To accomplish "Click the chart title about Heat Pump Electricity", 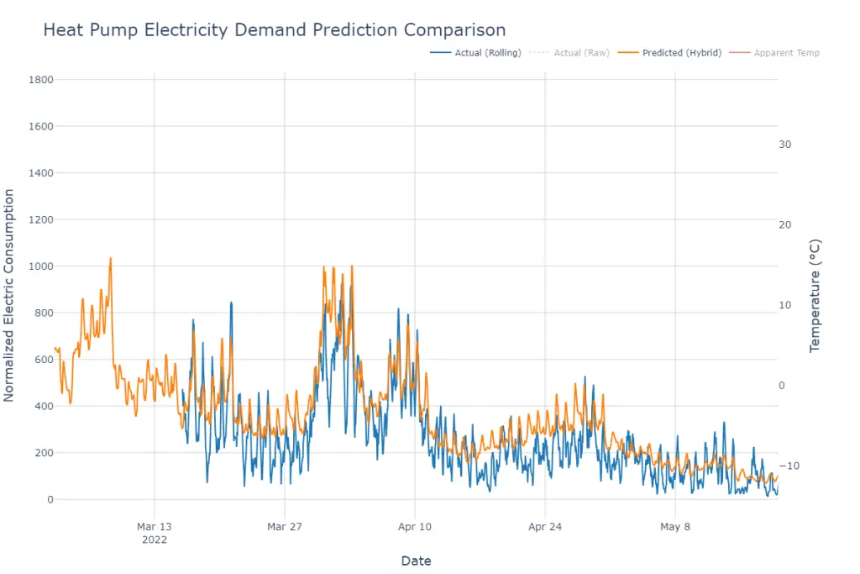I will (x=274, y=31).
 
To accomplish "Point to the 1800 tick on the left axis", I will (x=40, y=80).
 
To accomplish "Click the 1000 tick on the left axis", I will (x=40, y=266).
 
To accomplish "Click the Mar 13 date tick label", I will (x=154, y=528).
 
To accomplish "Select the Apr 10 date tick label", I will (x=415, y=528).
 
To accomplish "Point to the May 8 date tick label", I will (x=675, y=528).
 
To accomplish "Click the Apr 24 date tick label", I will (x=545, y=528).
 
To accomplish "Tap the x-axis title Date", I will (x=416, y=561).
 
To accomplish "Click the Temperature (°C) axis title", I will (x=815, y=296).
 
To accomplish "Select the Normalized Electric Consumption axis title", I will (x=9, y=295).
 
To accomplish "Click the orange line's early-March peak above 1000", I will (x=110, y=259).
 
